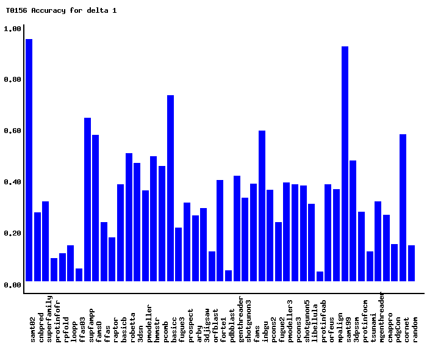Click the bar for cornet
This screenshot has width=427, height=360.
click(403, 207)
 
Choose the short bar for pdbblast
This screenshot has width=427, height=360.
click(228, 276)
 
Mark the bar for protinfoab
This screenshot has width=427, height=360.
click(320, 276)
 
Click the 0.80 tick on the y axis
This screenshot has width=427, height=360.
click(13, 80)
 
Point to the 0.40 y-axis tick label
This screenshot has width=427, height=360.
click(13, 182)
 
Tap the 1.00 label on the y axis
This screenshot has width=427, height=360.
click(13, 29)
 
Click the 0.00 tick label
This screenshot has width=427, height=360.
click(13, 285)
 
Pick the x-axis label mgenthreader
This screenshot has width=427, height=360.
click(382, 317)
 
